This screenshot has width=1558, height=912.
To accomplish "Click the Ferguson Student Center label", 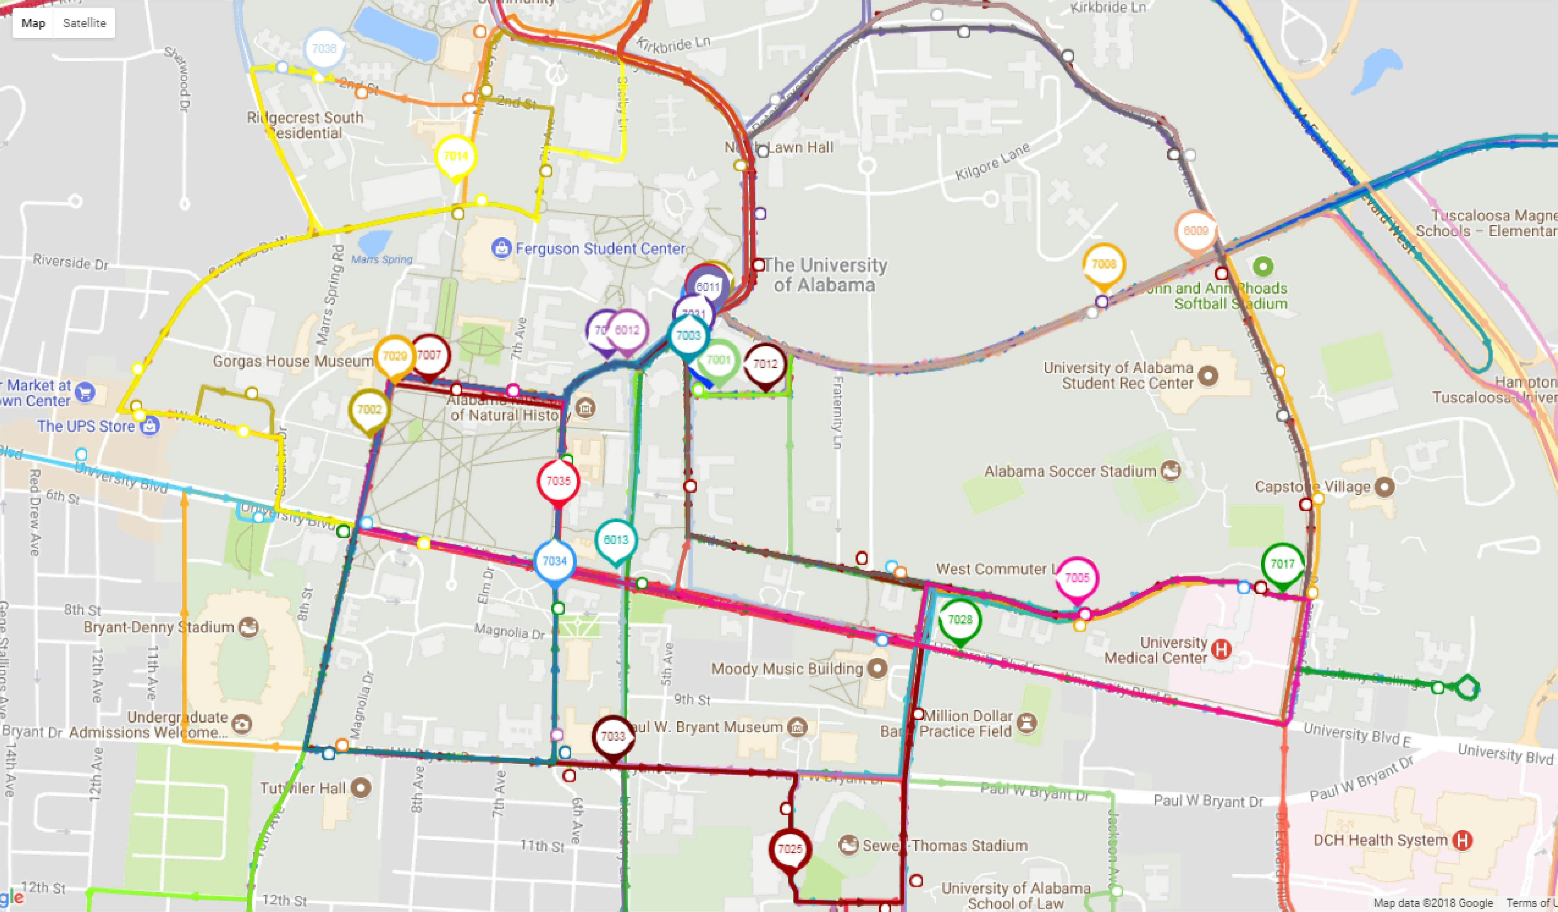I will click(600, 249).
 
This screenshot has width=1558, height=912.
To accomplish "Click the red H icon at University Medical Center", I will click(1221, 649).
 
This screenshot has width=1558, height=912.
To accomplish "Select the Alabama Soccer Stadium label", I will click(1070, 471).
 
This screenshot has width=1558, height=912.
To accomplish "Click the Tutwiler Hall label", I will click(302, 788).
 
